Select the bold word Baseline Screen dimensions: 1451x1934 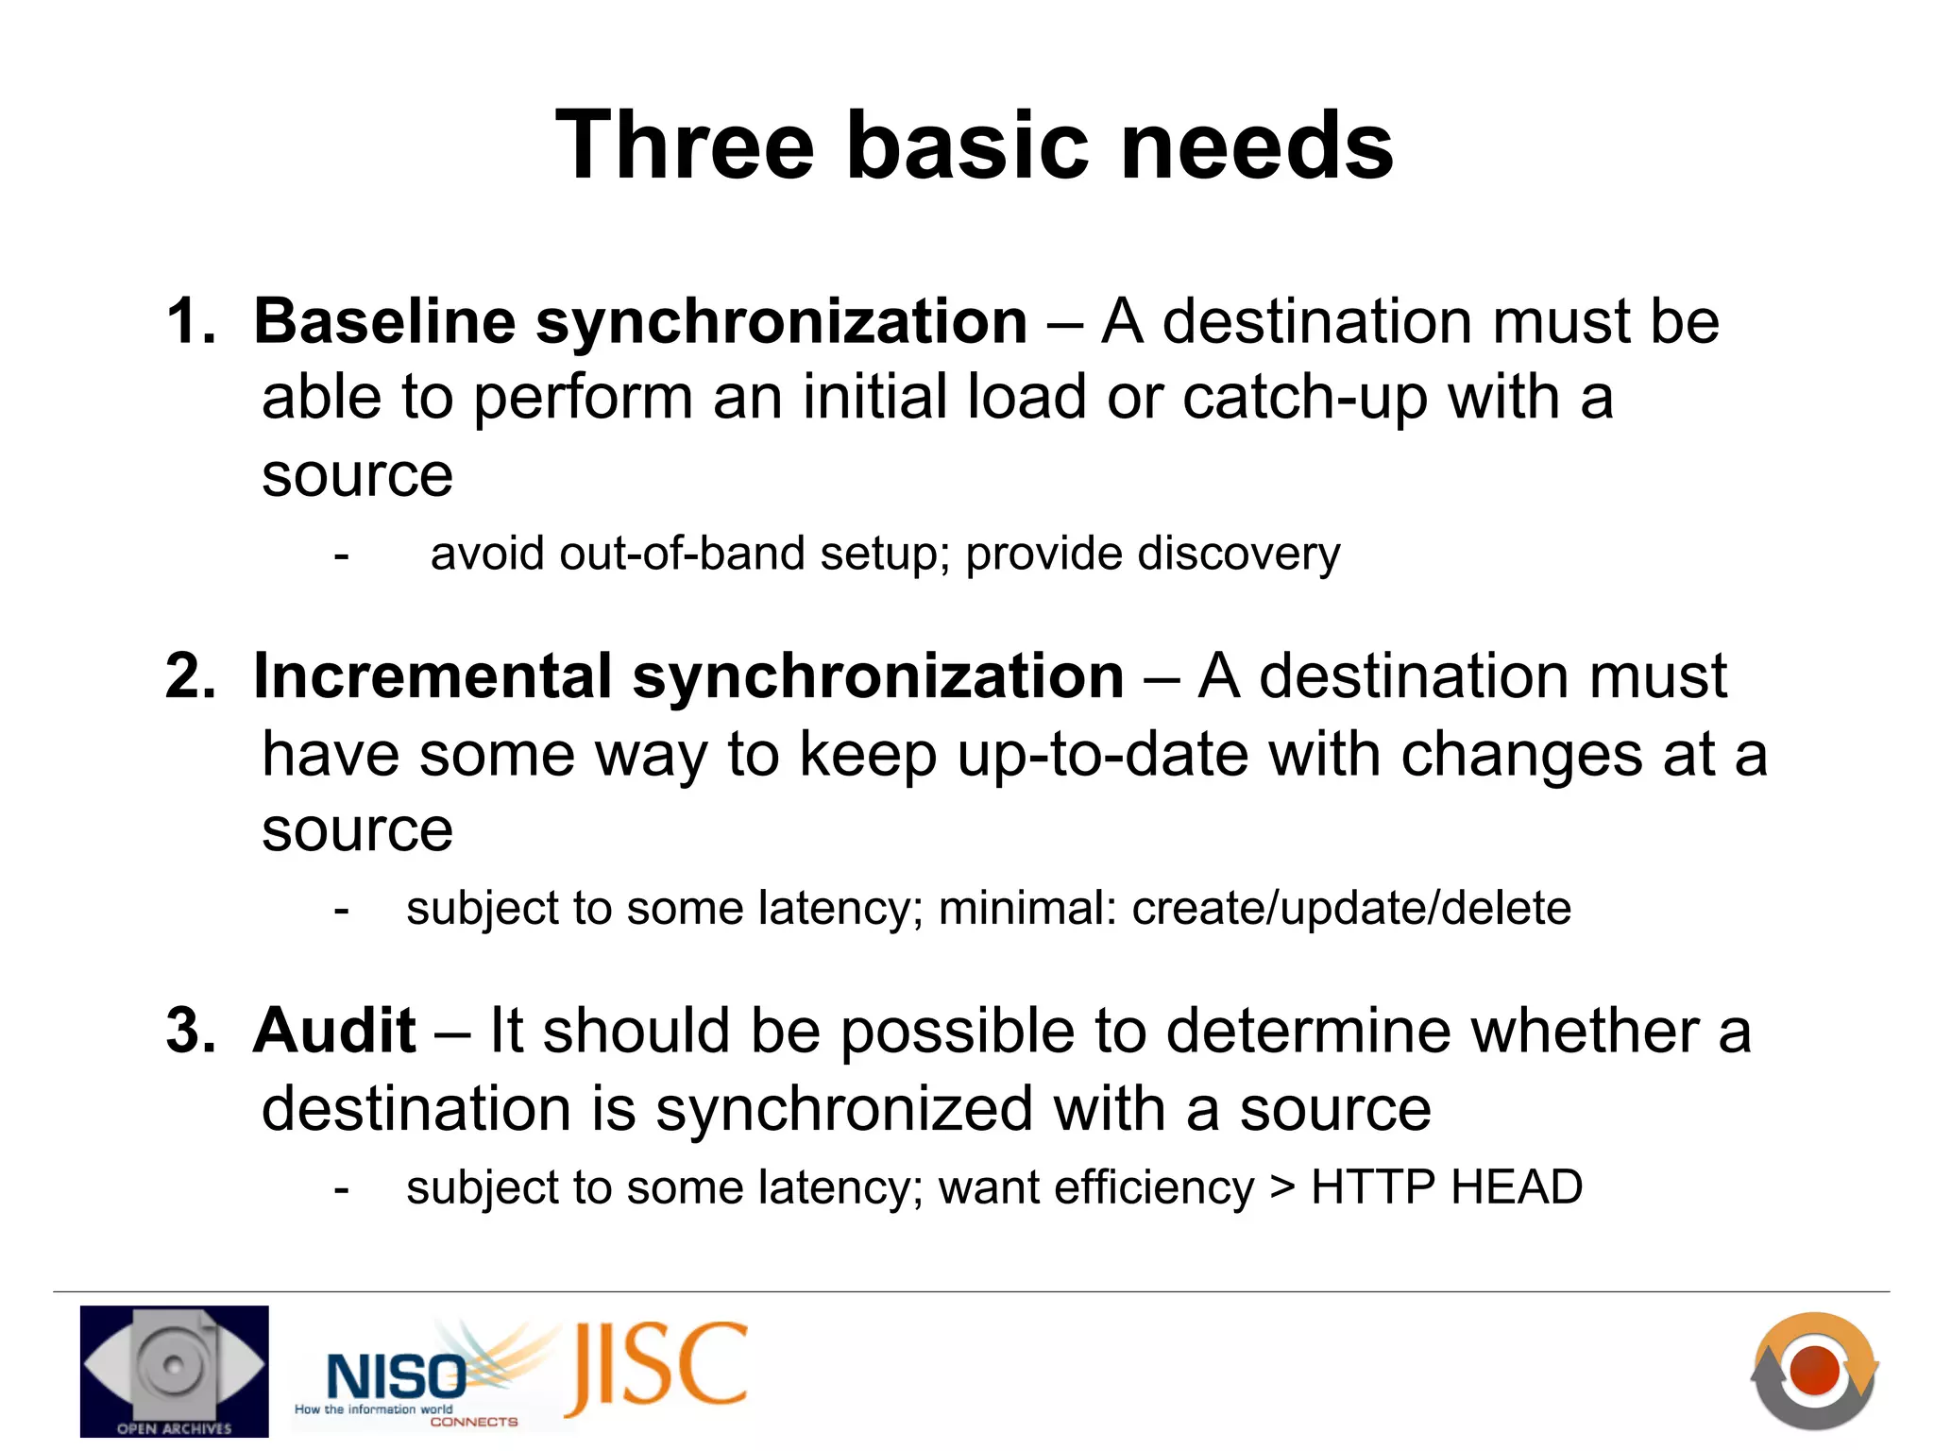pyautogui.click(x=383, y=322)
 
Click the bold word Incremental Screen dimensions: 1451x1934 pyautogui.click(x=433, y=676)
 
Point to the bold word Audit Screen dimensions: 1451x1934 pyautogui.click(x=334, y=1031)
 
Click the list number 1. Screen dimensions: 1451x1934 pyautogui.click(x=189, y=322)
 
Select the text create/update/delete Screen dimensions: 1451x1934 pyautogui.click(x=1351, y=909)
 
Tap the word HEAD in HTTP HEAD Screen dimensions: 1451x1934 pyautogui.click(x=1517, y=1187)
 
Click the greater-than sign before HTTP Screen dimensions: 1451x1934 pyautogui.click(x=1282, y=1187)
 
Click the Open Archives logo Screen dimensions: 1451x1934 pyautogui.click(x=175, y=1372)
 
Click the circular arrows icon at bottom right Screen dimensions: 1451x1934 pyautogui.click(x=1814, y=1371)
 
